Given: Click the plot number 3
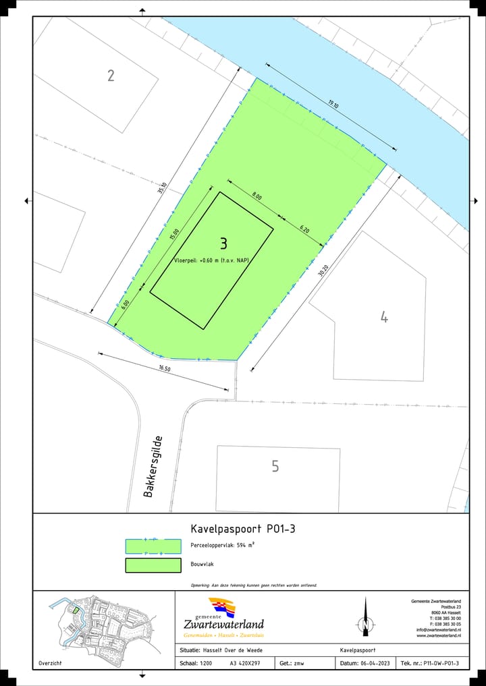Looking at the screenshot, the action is tap(223, 243).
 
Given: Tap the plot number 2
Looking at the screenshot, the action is tap(111, 75).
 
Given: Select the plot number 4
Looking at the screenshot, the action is tap(384, 316).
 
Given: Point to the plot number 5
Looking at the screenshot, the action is tap(275, 466).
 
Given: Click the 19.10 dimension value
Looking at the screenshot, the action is tap(333, 104).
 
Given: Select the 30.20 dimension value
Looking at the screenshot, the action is tap(323, 272).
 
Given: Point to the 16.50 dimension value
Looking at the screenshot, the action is tap(165, 368).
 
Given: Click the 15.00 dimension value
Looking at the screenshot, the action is tap(175, 234).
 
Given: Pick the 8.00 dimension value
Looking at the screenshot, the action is tap(256, 196).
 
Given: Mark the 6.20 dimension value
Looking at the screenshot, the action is tap(304, 229).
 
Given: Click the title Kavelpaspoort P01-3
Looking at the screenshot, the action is tap(242, 529).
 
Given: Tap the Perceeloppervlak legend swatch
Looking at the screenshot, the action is tap(153, 546).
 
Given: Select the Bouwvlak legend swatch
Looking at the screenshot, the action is tap(153, 565).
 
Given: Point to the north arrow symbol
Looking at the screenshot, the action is tap(365, 617).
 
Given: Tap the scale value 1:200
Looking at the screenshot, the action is tap(206, 664).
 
